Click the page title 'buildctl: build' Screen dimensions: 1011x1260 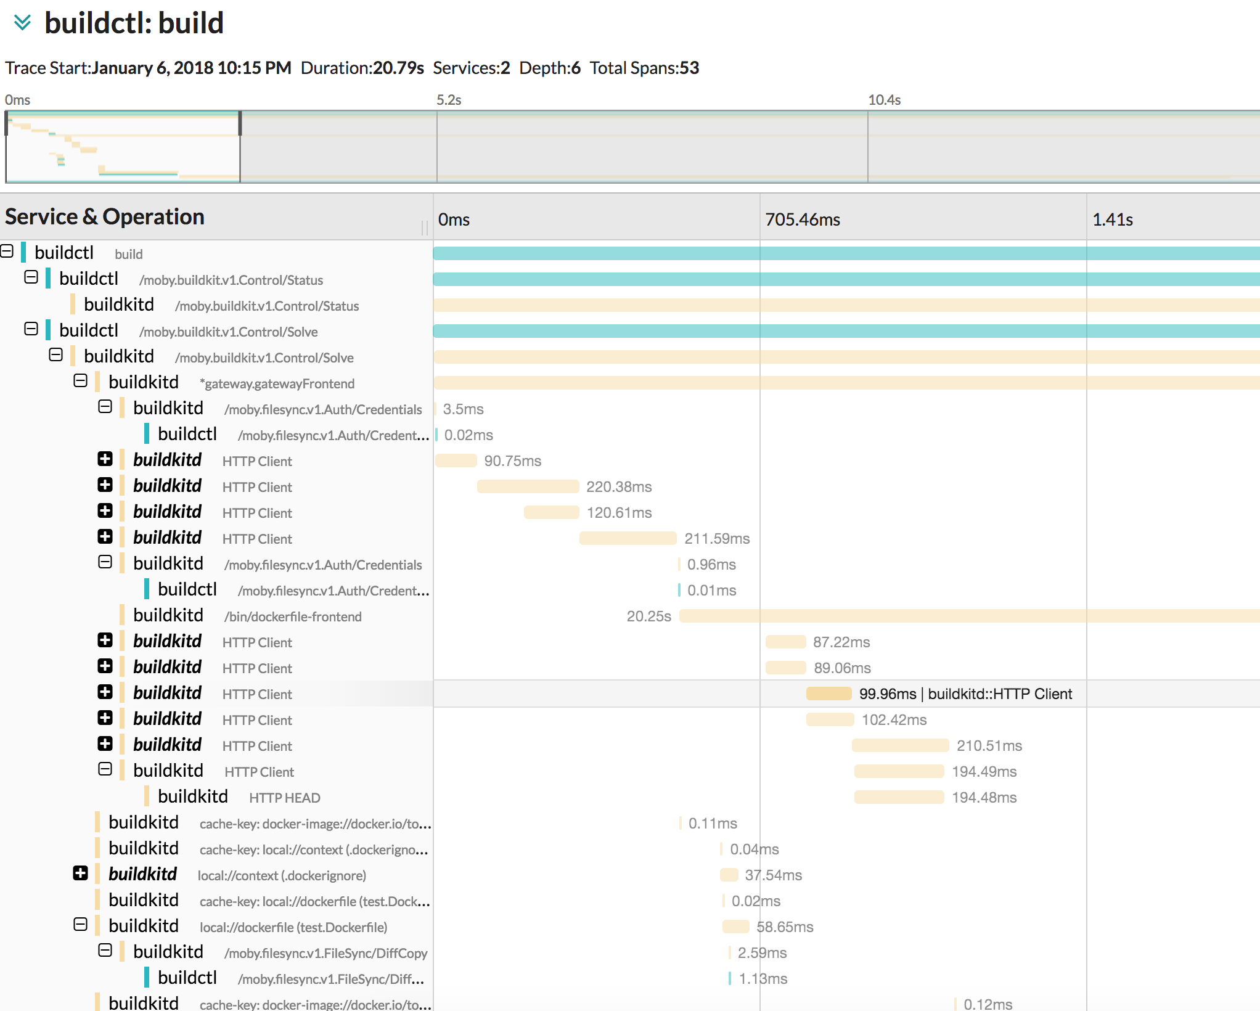pos(134,23)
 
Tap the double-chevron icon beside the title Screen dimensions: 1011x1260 pos(22,23)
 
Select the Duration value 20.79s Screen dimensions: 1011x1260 pos(398,68)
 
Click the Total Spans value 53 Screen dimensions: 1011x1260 pos(689,68)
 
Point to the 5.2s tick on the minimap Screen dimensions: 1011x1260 pos(449,100)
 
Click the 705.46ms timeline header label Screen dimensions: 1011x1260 pos(802,219)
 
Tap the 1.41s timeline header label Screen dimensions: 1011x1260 pos(1112,219)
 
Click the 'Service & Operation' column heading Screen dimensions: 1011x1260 pos(105,217)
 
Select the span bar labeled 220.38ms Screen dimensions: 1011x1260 pos(528,487)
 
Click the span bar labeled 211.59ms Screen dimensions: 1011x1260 pos(628,539)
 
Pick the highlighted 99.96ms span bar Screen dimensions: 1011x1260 pos(828,694)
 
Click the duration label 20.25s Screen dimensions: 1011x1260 pos(648,616)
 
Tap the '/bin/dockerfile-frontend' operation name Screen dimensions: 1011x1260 pos(293,616)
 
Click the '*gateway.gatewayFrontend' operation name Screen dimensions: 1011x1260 pos(277,383)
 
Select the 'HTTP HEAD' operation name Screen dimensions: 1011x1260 pos(284,798)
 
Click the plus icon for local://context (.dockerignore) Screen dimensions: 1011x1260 pos(80,874)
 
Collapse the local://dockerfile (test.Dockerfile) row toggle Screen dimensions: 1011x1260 pos(80,925)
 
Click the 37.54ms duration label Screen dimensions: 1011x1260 pos(773,875)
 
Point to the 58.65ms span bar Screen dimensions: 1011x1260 pos(735,927)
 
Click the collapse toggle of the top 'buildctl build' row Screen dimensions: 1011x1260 pos(7,252)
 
